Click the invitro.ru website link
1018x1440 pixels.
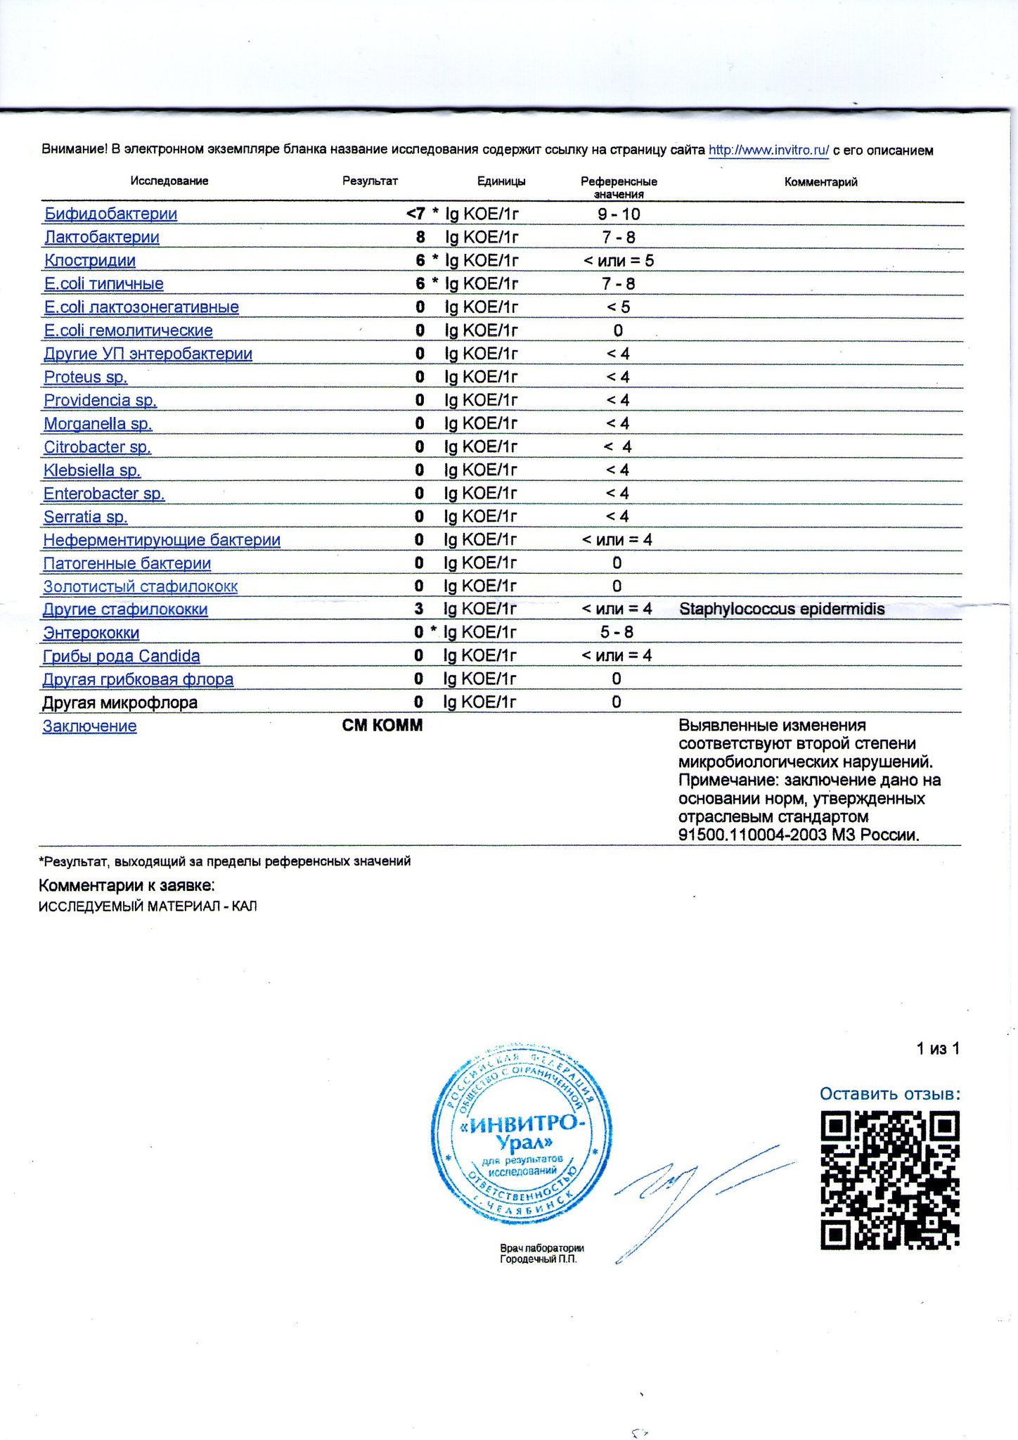(768, 150)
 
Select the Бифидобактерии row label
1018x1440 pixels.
(110, 214)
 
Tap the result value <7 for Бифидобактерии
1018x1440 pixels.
(415, 214)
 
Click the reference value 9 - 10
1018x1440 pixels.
(619, 214)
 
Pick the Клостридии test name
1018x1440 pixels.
(90, 261)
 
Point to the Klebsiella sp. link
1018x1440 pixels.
(92, 470)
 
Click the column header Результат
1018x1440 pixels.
(370, 181)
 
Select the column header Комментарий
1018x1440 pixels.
(820, 182)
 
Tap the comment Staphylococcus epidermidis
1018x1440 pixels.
(782, 609)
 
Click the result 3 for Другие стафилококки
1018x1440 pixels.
(419, 609)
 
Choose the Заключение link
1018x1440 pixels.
(90, 726)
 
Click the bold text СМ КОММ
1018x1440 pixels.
(382, 726)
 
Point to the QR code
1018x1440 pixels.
(889, 1181)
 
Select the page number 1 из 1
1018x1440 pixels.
(938, 1049)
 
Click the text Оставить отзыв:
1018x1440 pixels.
(889, 1094)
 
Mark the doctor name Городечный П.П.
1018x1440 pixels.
(539, 1259)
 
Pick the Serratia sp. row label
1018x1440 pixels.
(85, 517)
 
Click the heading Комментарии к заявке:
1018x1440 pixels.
(127, 885)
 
